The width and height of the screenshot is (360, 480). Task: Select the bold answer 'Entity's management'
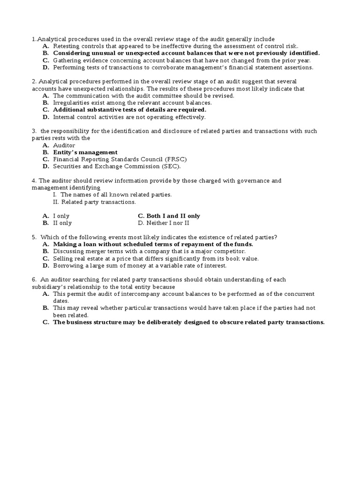pos(85,152)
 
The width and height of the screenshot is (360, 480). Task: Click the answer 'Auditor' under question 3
pos(64,145)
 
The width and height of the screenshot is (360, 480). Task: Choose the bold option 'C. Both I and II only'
pos(169,216)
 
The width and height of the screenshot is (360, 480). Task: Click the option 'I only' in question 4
pos(61,216)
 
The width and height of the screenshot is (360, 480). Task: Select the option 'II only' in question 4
pos(62,223)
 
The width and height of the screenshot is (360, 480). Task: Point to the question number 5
pos(34,238)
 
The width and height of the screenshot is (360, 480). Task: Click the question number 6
pos(34,280)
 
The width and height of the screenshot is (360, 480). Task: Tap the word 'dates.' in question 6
pos(61,301)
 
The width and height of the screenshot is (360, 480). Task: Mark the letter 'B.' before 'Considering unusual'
pos(45,53)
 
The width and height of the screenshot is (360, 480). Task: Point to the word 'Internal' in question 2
pos(64,117)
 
